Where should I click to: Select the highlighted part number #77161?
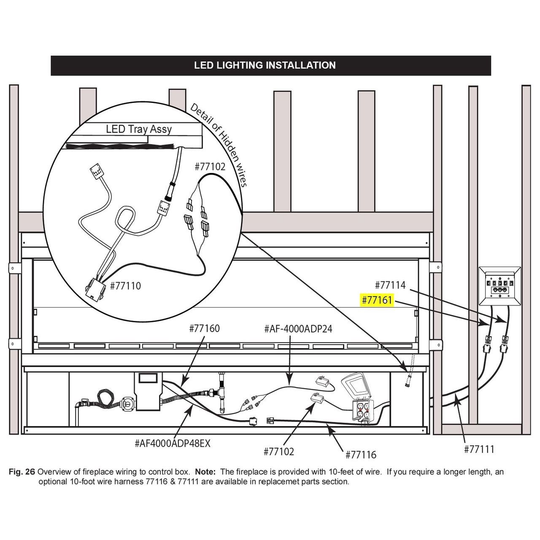[x=377, y=300]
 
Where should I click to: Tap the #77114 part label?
[x=390, y=285]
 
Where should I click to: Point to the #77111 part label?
[x=479, y=449]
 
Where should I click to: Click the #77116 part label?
[x=361, y=454]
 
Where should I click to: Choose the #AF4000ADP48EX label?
[x=173, y=443]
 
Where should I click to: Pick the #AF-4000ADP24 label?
[x=298, y=329]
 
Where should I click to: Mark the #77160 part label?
[x=204, y=328]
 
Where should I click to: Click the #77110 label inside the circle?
[x=125, y=286]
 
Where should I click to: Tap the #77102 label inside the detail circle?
[x=210, y=167]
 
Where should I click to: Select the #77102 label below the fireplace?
[x=278, y=451]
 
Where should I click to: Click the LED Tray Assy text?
[x=139, y=129]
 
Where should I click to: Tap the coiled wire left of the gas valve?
[x=104, y=399]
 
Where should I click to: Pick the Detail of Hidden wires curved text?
[x=219, y=143]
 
